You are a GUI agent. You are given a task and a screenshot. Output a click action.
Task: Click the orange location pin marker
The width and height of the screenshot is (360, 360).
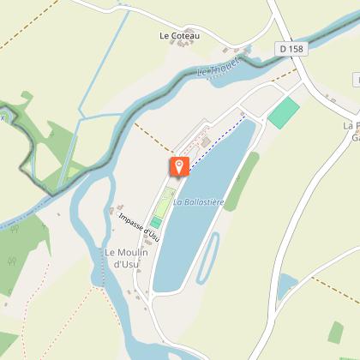[x=178, y=166]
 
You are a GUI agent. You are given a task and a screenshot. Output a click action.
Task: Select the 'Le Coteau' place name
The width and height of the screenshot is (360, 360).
[x=179, y=36]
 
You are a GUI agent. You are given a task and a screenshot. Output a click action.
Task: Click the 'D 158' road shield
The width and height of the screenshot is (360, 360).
[x=291, y=50]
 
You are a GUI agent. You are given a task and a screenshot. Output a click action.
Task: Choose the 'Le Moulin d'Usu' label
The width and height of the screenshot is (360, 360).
[x=128, y=258]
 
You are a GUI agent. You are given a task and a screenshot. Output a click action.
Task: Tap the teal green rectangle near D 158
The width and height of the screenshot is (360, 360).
[x=284, y=113]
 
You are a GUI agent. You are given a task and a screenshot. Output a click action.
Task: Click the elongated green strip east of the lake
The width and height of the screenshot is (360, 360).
[x=242, y=180]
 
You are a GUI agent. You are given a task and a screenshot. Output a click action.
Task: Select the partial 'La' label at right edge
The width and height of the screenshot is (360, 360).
[x=351, y=128]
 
